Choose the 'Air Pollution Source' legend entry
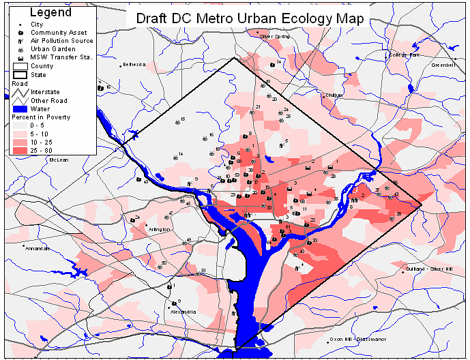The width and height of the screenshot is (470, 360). pos(61,41)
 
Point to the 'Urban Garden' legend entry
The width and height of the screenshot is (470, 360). pos(52,49)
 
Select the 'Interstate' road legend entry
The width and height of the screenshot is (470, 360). pos(45,91)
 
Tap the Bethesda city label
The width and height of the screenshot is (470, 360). pos(134,65)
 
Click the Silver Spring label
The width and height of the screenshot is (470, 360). pos(274,36)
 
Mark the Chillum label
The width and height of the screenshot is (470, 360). pos(334,95)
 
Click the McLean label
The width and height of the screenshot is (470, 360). pos(59,160)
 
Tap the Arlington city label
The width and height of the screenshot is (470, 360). pos(159,230)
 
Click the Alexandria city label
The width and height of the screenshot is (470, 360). pos(183,312)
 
